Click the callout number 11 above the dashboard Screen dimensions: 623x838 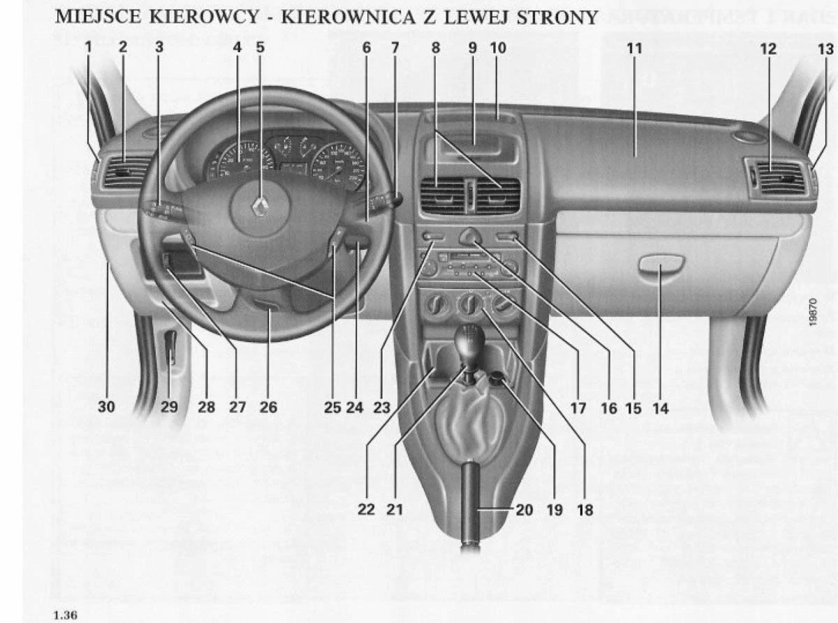(634, 48)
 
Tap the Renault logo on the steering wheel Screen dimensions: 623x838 (260, 206)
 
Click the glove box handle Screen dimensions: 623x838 (660, 265)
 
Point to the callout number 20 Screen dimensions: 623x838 (524, 510)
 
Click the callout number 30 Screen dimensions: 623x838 (106, 407)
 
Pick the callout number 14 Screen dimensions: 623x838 (660, 409)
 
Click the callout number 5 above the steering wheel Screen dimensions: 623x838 (260, 48)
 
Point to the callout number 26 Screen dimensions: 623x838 (268, 407)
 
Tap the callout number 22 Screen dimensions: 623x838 (366, 510)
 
